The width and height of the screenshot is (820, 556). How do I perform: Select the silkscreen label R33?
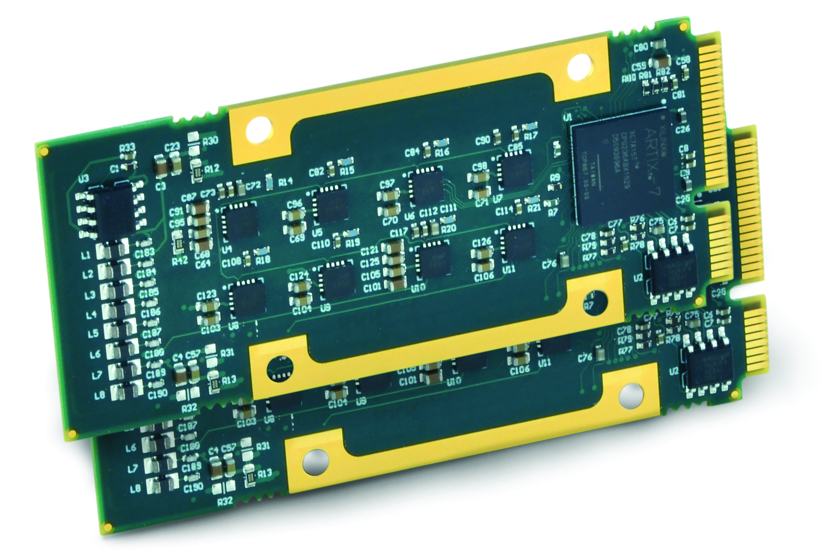pos(127,148)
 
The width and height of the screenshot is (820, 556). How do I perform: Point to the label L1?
pos(86,256)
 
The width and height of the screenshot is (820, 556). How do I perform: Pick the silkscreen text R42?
pos(180,261)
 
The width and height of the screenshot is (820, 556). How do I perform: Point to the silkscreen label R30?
pos(210,141)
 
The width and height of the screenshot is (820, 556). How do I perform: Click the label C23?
pos(172,147)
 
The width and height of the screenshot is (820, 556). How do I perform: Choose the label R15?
pos(347,171)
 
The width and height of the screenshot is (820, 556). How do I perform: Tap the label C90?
pos(483,141)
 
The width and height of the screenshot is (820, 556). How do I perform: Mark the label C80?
pos(641,48)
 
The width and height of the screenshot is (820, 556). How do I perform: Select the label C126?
pos(482,242)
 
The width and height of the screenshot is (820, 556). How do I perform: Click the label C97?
pos(387,184)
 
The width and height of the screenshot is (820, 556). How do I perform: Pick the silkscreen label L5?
pos(93,333)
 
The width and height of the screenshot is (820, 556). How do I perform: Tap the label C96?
pos(295,203)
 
